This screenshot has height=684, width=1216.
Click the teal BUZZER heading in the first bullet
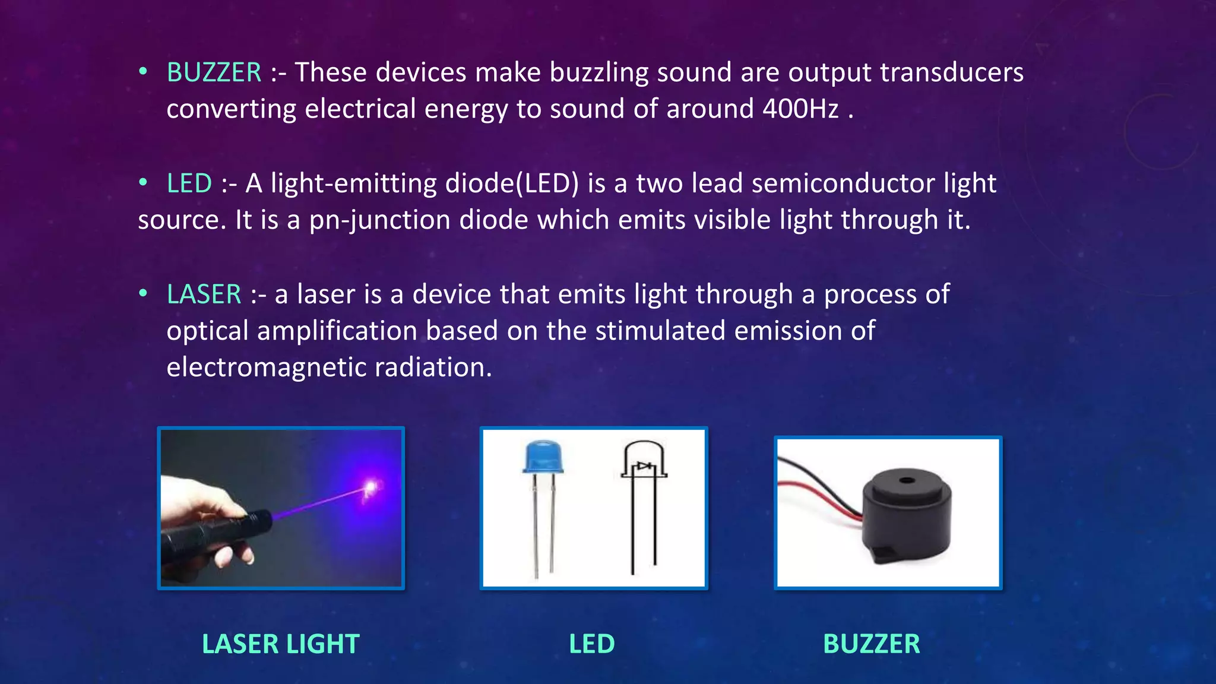tap(214, 72)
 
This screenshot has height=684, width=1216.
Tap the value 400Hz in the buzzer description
tap(800, 109)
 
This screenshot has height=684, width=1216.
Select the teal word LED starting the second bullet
tap(189, 183)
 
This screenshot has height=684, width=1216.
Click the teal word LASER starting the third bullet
tap(204, 294)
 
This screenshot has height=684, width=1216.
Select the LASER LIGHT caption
tap(281, 644)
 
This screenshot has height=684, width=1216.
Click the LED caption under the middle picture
tap(592, 644)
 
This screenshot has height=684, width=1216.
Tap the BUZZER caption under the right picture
tap(872, 644)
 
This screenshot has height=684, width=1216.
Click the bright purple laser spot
tap(371, 487)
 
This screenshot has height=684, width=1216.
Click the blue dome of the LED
tap(543, 456)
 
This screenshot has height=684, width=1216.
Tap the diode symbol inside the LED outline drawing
tap(644, 467)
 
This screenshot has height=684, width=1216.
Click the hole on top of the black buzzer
tap(906, 480)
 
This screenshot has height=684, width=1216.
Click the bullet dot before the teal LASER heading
tap(143, 293)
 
